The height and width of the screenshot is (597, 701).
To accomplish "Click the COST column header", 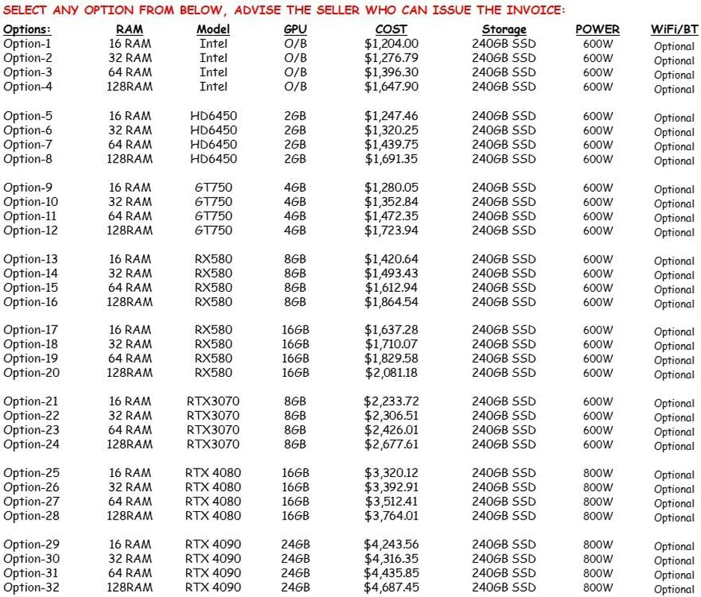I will [391, 29].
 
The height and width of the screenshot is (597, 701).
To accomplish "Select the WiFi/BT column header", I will [673, 30].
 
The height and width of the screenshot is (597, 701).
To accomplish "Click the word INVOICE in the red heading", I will [533, 10].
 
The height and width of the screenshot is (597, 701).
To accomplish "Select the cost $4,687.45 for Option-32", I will [391, 587].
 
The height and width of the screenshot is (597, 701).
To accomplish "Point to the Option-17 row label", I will [31, 330].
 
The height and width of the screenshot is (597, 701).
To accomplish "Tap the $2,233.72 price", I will [391, 401].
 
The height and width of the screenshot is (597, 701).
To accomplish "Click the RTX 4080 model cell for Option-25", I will [213, 473].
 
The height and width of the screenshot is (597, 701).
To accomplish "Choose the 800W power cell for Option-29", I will [597, 545].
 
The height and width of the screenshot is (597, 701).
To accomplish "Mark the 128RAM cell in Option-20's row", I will [130, 372].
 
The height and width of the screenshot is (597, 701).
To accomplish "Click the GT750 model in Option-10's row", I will [213, 201].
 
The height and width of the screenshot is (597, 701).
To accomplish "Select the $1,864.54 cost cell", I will [391, 301].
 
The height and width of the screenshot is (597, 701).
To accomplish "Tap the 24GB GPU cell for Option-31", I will [295, 573].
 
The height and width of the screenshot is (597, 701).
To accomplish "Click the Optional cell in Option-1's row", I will [673, 46].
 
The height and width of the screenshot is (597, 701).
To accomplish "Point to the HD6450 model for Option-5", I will [213, 116].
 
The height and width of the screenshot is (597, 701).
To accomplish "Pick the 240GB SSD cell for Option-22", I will [503, 416].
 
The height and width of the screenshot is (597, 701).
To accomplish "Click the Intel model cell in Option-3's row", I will [213, 72].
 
